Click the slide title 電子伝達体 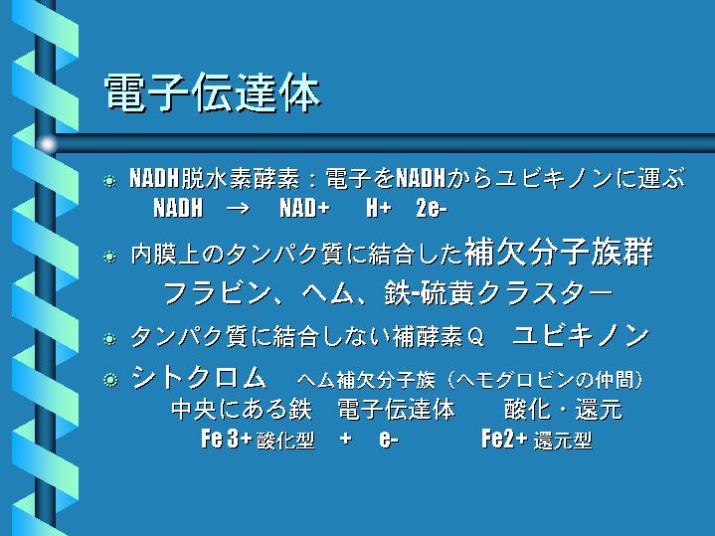coord(213,93)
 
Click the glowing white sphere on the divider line coord(47,144)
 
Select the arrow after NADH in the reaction coord(238,209)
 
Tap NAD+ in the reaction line coord(304,208)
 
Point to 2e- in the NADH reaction coord(432,209)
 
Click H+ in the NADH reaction coord(379,208)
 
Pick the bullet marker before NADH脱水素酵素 coord(109,181)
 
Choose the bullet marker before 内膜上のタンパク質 coord(109,257)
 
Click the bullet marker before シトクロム coord(110,380)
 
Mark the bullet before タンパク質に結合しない coord(109,339)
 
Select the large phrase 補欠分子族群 coord(559,252)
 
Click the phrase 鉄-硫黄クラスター coord(498,292)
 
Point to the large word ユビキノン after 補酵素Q coord(581,336)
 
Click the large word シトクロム coord(199,377)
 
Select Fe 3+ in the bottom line coord(226,439)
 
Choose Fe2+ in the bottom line coord(504,439)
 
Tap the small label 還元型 coord(563,441)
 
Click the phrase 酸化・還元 coord(563,409)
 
